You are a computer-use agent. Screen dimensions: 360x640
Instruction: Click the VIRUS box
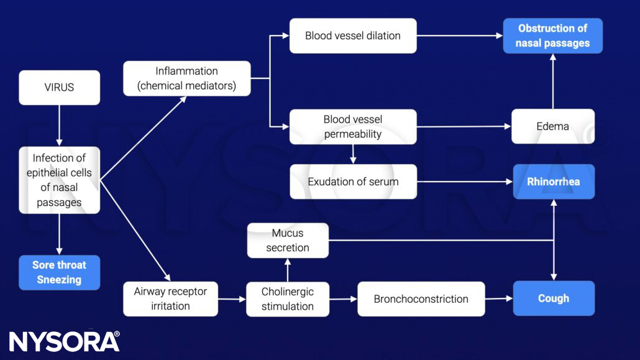pos(59,87)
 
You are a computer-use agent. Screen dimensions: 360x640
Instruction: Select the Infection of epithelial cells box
pos(59,180)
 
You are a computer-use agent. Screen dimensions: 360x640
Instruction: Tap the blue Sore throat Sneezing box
pos(59,272)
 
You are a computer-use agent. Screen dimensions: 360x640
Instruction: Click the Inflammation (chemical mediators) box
pos(186,78)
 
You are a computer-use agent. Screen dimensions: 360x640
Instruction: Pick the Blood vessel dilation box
pos(352,35)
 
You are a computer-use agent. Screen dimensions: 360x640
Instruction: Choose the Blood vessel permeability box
pos(352,127)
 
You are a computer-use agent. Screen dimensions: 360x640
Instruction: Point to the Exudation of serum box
pos(352,182)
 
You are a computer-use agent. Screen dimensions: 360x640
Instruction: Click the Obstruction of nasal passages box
pos(552,35)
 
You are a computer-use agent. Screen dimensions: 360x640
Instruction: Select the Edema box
pos(552,127)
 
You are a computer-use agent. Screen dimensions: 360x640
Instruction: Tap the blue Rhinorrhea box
pos(553,182)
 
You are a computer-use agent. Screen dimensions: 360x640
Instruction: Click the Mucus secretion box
pos(288,241)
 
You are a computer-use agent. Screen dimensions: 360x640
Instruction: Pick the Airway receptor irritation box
pos(170,298)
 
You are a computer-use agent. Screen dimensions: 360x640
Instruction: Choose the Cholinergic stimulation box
pos(288,298)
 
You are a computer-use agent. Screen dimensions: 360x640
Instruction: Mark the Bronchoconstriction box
pos(421,298)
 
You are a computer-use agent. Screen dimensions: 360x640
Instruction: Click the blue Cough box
pos(553,298)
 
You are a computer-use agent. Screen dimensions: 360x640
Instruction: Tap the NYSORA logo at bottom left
pos(64,341)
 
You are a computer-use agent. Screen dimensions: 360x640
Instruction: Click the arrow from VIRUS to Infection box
pos(59,125)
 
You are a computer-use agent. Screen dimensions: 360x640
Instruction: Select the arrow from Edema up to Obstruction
pos(552,81)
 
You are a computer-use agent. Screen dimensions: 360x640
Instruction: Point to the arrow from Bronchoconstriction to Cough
pos(499,298)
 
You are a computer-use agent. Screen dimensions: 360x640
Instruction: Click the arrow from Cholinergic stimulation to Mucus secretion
pos(288,270)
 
